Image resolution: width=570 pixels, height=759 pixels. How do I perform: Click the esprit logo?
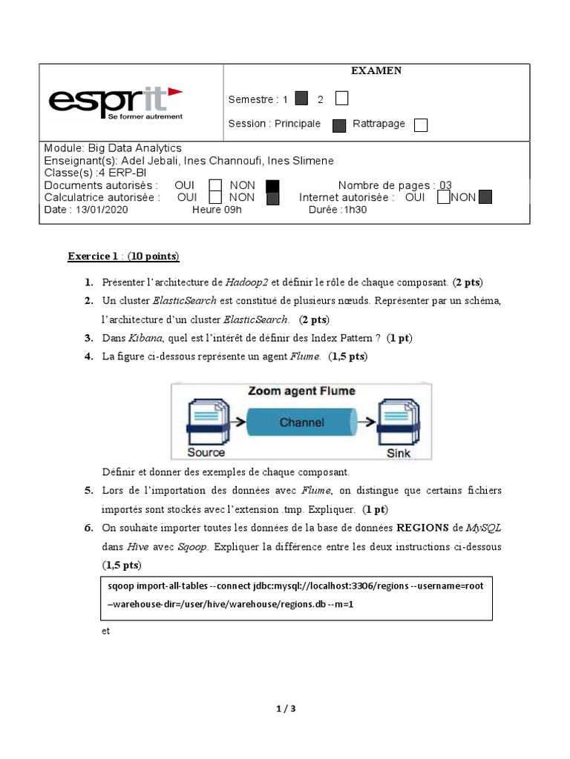pyautogui.click(x=115, y=103)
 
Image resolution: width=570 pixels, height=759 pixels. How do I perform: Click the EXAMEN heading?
pyautogui.click(x=376, y=70)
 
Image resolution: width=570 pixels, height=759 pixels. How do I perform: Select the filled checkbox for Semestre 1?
pyautogui.click(x=301, y=99)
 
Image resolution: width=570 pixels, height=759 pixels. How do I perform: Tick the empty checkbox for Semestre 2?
pyautogui.click(x=341, y=99)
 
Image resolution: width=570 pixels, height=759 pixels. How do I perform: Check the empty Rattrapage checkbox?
pyautogui.click(x=421, y=125)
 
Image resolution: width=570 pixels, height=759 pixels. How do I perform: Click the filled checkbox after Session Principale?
pyautogui.click(x=339, y=125)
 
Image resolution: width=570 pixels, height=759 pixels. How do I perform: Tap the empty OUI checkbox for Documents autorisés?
pyautogui.click(x=215, y=185)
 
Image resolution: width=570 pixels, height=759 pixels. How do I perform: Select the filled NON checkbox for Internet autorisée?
pyautogui.click(x=485, y=197)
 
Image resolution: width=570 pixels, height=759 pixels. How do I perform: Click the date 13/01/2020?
pyautogui.click(x=99, y=210)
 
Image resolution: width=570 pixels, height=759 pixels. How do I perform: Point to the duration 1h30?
pyautogui.click(x=355, y=210)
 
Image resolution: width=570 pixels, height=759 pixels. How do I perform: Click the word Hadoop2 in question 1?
pyautogui.click(x=247, y=282)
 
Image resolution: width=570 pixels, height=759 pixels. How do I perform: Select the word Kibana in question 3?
pyautogui.click(x=145, y=338)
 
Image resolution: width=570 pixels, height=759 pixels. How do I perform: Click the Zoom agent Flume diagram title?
pyautogui.click(x=301, y=391)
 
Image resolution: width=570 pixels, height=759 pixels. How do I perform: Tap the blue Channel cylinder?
pyautogui.click(x=301, y=422)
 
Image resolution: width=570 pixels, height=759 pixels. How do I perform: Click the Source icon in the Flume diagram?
pyautogui.click(x=206, y=422)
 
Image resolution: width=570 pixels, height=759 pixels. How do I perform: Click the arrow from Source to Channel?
pyautogui.click(x=237, y=422)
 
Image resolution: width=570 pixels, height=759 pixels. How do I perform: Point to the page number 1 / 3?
pyautogui.click(x=285, y=709)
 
